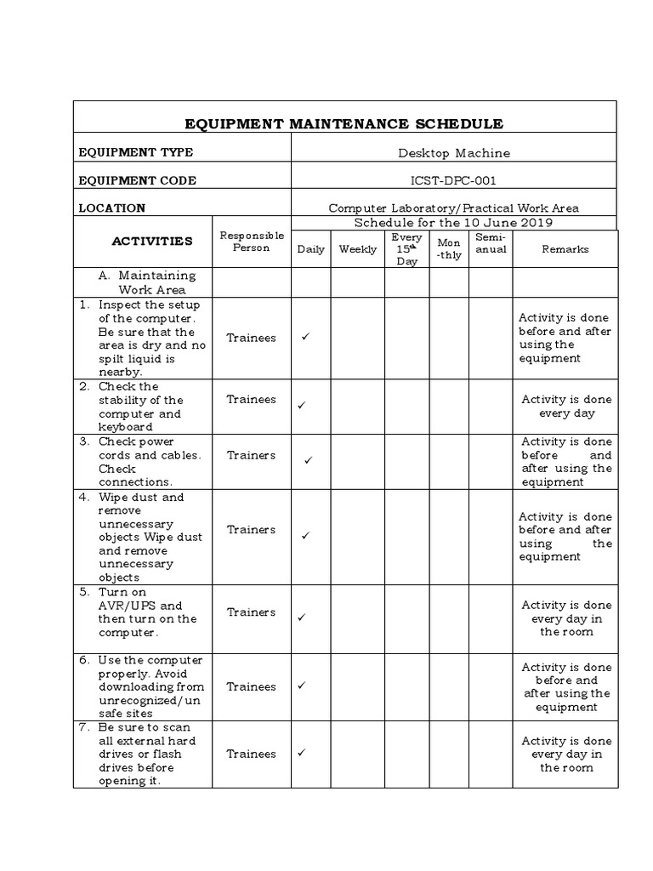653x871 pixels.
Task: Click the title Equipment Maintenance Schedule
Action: tap(345, 124)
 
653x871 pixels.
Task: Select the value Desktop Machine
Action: tap(454, 153)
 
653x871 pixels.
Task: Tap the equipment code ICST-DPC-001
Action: tap(454, 180)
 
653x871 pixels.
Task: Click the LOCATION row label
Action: tap(112, 208)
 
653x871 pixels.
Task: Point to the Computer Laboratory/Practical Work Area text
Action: tap(454, 208)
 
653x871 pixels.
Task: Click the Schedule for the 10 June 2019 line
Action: tap(454, 223)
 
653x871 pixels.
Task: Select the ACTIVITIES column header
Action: tap(152, 241)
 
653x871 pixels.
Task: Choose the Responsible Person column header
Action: tap(251, 242)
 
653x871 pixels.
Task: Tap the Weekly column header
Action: tap(357, 249)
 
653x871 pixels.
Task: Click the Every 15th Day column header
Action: tap(407, 249)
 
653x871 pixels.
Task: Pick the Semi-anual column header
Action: tap(491, 243)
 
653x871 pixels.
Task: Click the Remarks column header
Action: tap(565, 249)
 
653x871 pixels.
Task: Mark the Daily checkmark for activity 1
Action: tap(304, 338)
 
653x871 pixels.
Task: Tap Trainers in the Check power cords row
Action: tap(251, 455)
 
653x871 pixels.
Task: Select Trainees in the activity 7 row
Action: tap(251, 754)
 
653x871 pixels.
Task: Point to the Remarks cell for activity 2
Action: tap(566, 407)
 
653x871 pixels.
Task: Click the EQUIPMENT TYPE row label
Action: tap(136, 153)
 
